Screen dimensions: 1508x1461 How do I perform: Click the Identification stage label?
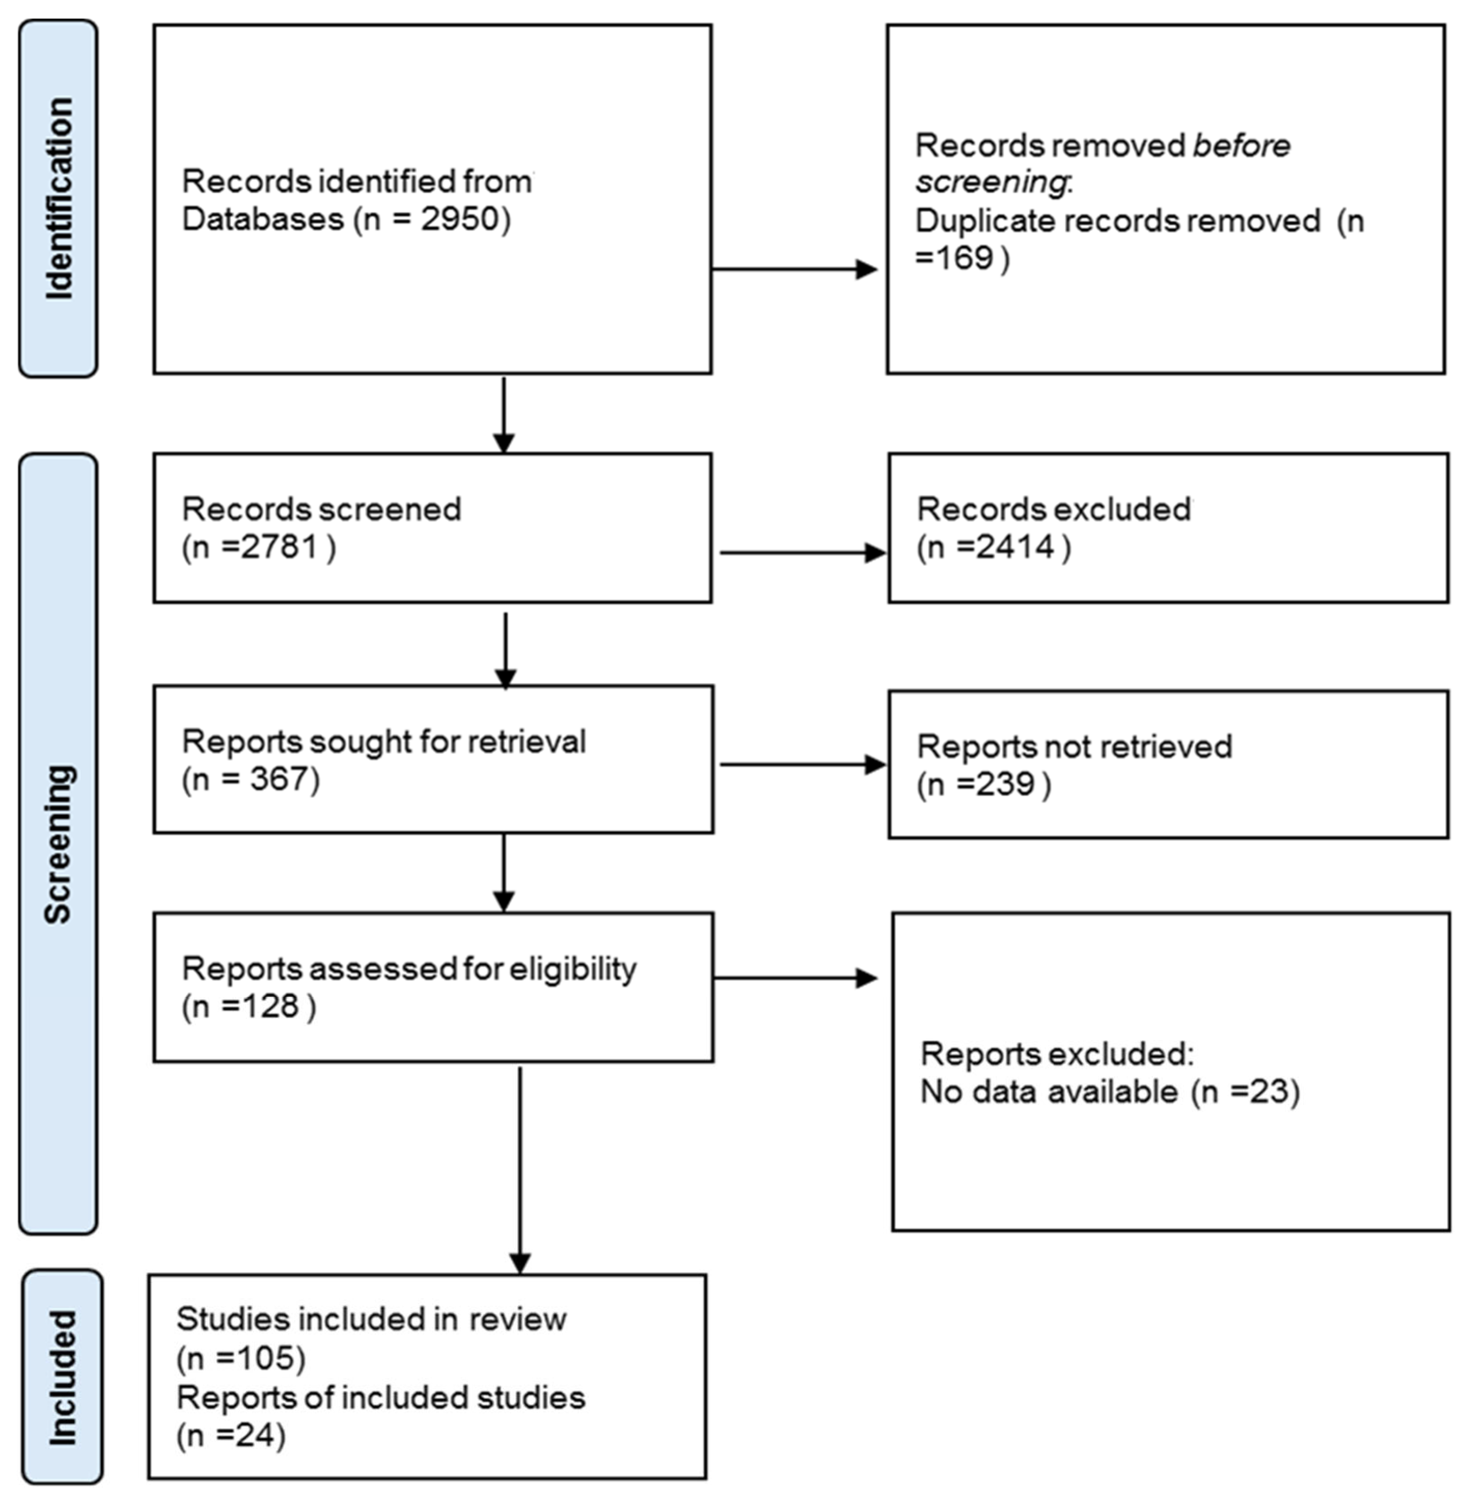coord(59,198)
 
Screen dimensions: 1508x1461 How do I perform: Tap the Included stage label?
coord(61,1377)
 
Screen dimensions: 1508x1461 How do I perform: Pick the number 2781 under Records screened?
coord(278,547)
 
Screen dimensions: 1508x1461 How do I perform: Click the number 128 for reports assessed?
coord(268,1006)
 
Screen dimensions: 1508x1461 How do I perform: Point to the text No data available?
coord(1049,1092)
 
